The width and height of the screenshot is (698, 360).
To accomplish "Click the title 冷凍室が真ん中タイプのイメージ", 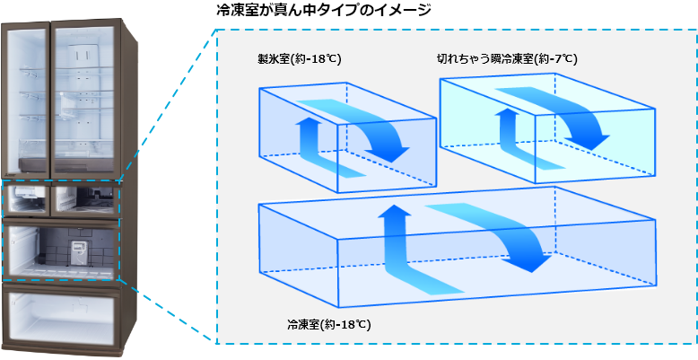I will coord(322,12).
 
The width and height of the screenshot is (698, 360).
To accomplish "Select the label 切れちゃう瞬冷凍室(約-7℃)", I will coord(507,59).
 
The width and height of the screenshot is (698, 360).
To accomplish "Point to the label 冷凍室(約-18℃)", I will coord(327,323).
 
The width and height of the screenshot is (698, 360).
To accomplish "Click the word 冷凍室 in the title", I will coord(237,12).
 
